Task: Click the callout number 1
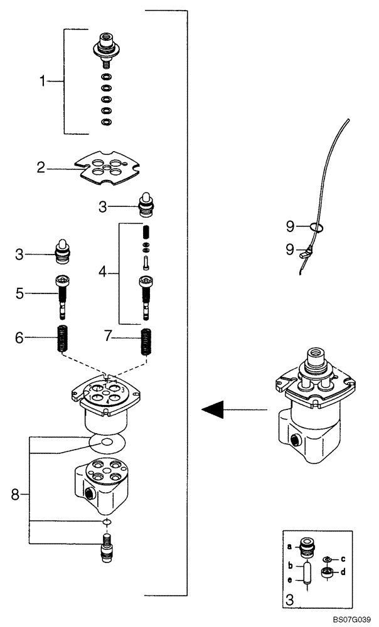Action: (43, 81)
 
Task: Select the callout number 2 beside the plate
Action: (40, 167)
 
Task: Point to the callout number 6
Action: (19, 338)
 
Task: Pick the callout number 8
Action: (16, 495)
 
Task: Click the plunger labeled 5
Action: (63, 295)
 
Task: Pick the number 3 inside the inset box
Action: (290, 599)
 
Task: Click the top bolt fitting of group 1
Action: (105, 51)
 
